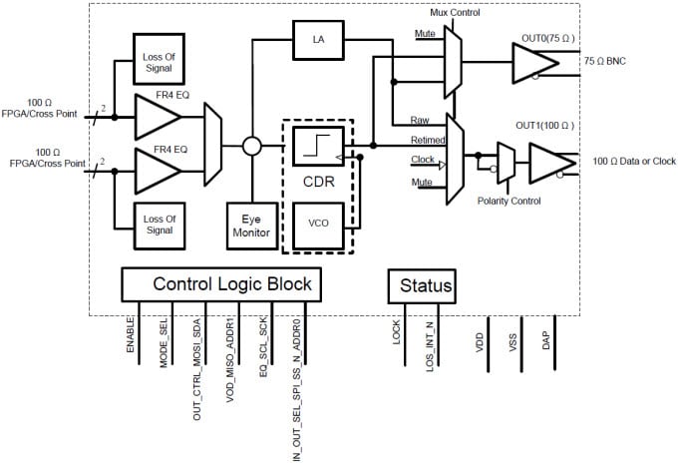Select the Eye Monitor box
251,224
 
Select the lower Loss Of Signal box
159,225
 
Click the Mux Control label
455,12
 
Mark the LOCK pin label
396,331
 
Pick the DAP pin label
545,339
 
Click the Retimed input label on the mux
428,140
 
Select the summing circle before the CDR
252,147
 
